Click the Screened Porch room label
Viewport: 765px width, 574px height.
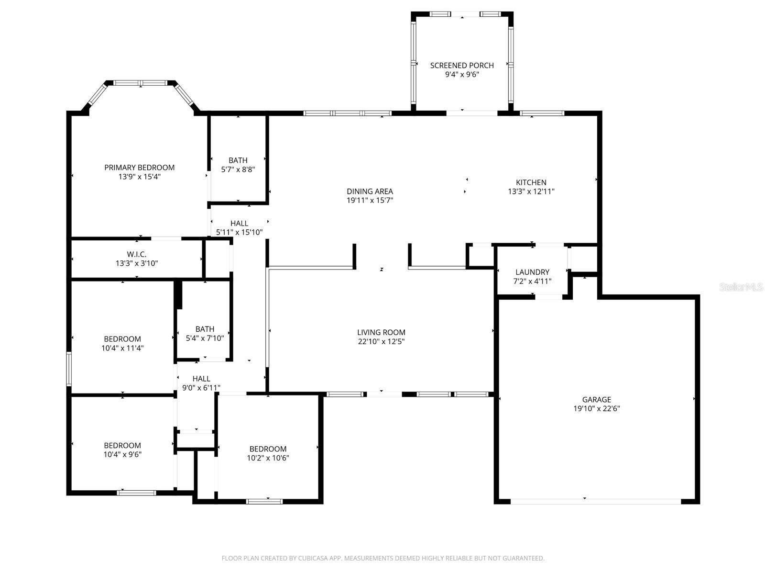point(462,65)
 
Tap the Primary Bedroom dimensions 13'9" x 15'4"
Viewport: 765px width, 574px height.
point(139,177)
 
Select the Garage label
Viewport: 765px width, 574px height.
point(596,399)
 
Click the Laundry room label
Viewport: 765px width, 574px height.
point(532,272)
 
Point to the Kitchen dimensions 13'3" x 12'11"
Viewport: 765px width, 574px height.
point(531,191)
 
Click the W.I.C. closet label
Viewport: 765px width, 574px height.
point(137,254)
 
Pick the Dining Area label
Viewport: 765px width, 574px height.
point(370,191)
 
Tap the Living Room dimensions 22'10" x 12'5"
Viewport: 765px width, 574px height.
point(381,341)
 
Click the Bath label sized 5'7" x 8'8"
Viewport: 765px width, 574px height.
point(238,160)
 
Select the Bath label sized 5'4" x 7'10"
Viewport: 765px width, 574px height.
point(205,329)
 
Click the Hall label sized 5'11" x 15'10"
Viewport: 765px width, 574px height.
point(239,223)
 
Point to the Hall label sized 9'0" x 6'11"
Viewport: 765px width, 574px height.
point(201,379)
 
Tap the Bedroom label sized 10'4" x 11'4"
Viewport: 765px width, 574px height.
point(122,339)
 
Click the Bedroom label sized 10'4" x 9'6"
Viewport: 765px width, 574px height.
point(122,445)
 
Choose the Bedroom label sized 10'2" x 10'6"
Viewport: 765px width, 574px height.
point(268,449)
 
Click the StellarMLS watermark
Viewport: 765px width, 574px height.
point(741,287)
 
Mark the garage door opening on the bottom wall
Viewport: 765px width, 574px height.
point(596,501)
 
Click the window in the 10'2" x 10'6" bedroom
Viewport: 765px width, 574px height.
point(264,501)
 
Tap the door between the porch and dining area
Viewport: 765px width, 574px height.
point(471,113)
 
